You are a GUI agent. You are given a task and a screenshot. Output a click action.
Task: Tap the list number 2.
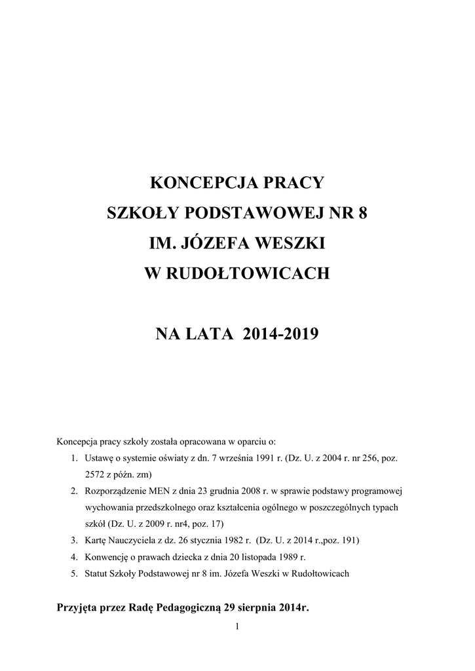click(75, 491)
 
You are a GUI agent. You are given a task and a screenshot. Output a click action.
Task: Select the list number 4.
click(75, 557)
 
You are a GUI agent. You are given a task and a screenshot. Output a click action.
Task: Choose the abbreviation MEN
click(162, 491)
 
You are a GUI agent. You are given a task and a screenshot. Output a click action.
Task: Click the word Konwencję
click(107, 557)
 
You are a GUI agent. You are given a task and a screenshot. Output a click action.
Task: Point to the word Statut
click(96, 573)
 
